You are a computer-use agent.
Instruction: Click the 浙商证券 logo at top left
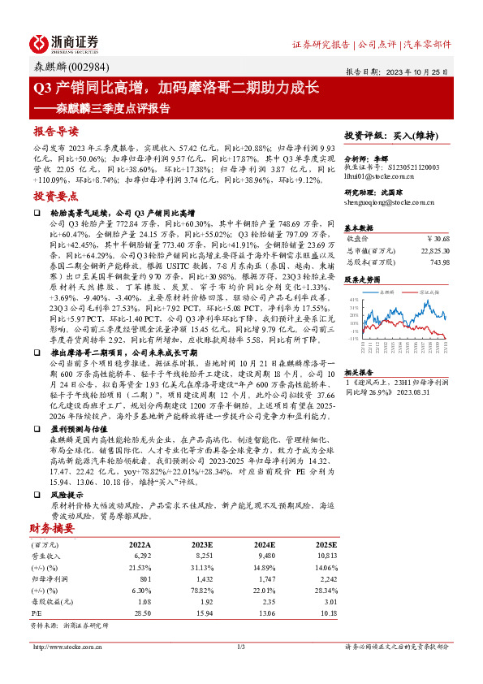click(64, 42)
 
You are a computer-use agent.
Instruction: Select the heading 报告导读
click(55, 131)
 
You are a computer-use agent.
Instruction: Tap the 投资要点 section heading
click(55, 196)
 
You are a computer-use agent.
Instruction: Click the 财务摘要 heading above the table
click(53, 527)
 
